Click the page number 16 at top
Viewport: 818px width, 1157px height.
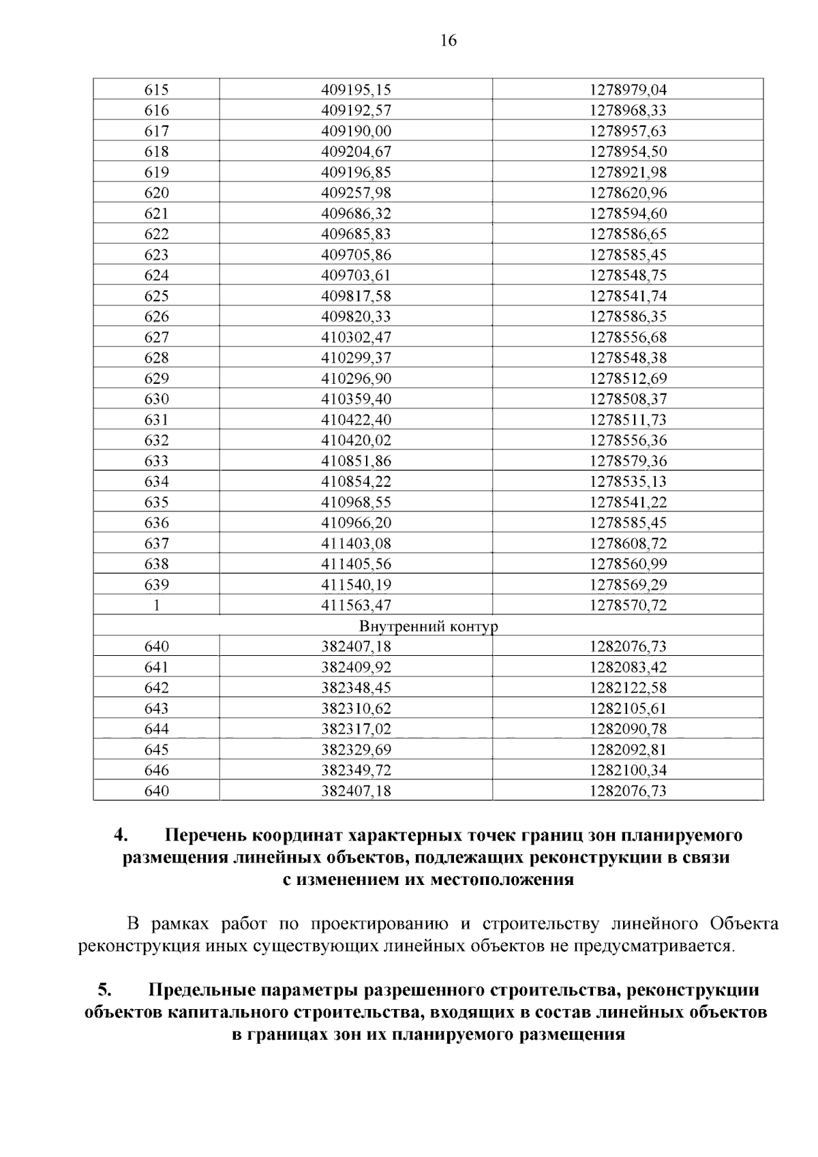pyautogui.click(x=448, y=41)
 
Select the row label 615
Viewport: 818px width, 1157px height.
pyautogui.click(x=156, y=90)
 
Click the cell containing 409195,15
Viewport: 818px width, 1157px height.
pyautogui.click(x=356, y=90)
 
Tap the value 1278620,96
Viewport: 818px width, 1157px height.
pyautogui.click(x=628, y=193)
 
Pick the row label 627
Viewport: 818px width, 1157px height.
pyautogui.click(x=156, y=337)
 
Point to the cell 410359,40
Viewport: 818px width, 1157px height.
pyautogui.click(x=356, y=399)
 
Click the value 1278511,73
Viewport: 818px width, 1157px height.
pyautogui.click(x=628, y=420)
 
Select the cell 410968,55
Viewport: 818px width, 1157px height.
pyautogui.click(x=356, y=502)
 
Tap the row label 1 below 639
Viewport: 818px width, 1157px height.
pyautogui.click(x=156, y=605)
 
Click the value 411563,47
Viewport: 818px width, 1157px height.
pyautogui.click(x=356, y=605)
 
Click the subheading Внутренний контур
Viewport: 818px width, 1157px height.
pyautogui.click(x=428, y=626)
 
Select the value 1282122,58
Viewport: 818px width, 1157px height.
pyautogui.click(x=628, y=688)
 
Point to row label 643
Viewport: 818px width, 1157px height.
pyautogui.click(x=156, y=708)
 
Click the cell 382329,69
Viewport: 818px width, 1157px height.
pyautogui.click(x=356, y=750)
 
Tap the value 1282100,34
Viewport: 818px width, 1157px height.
pyautogui.click(x=628, y=770)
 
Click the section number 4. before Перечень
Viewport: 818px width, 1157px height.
pyautogui.click(x=121, y=835)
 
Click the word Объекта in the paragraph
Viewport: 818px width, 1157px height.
pyautogui.click(x=744, y=925)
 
